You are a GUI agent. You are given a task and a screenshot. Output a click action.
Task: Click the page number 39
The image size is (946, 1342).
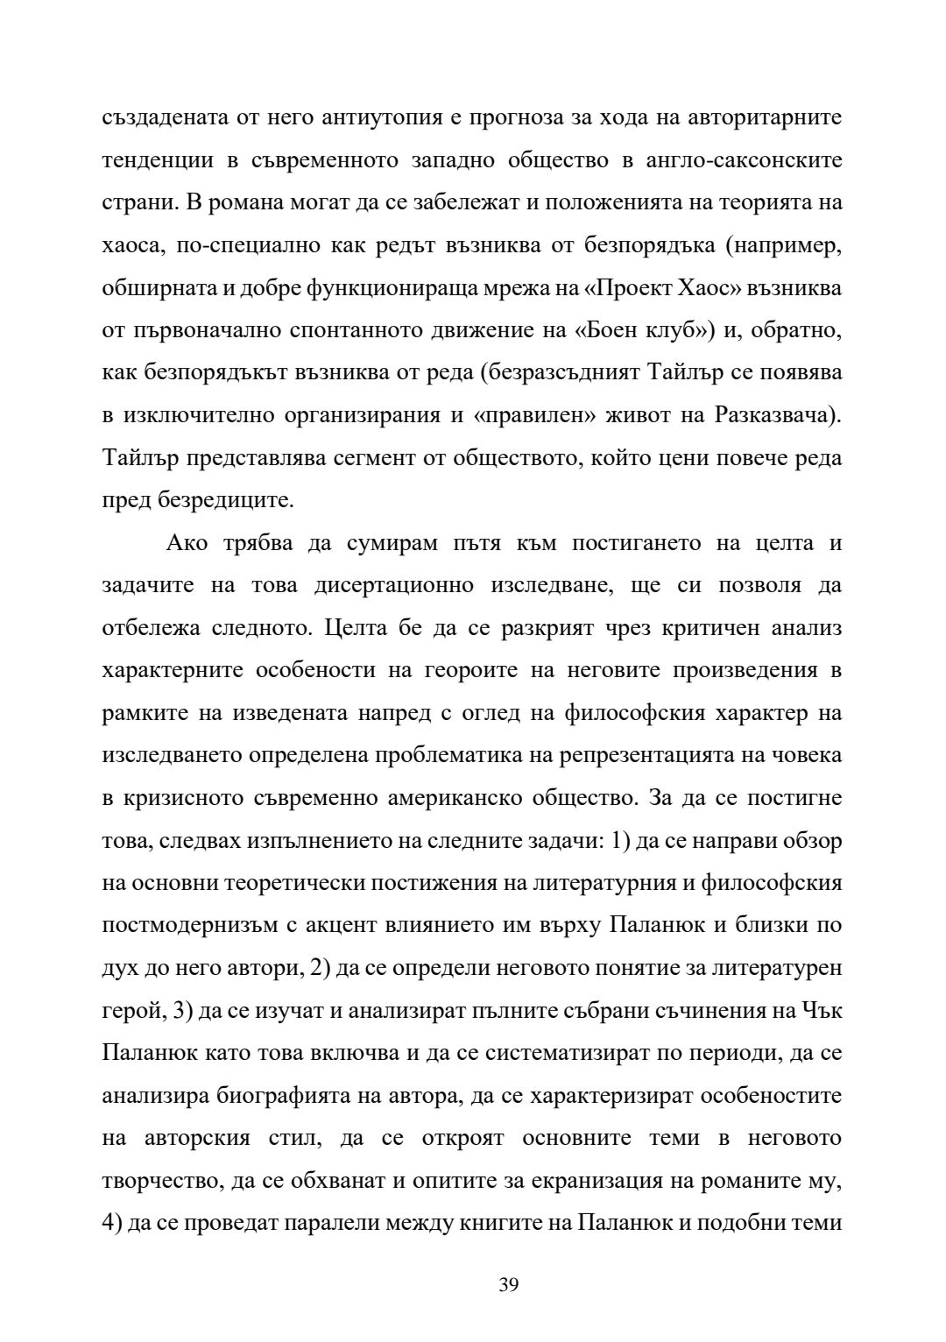tap(509, 1285)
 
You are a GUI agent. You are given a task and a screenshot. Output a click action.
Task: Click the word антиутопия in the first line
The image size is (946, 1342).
tap(362, 117)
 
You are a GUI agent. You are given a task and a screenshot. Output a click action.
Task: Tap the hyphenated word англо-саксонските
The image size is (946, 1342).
tap(751, 160)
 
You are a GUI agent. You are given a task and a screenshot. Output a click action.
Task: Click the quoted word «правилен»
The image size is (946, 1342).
tap(531, 415)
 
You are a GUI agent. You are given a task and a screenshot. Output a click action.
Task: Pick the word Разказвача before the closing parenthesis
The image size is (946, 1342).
tap(771, 415)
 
